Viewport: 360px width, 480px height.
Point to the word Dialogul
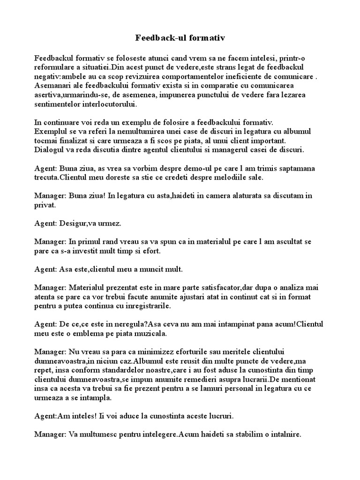[49, 150]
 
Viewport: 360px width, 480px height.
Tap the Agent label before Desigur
[45, 224]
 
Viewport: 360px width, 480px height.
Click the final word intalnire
[283, 435]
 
